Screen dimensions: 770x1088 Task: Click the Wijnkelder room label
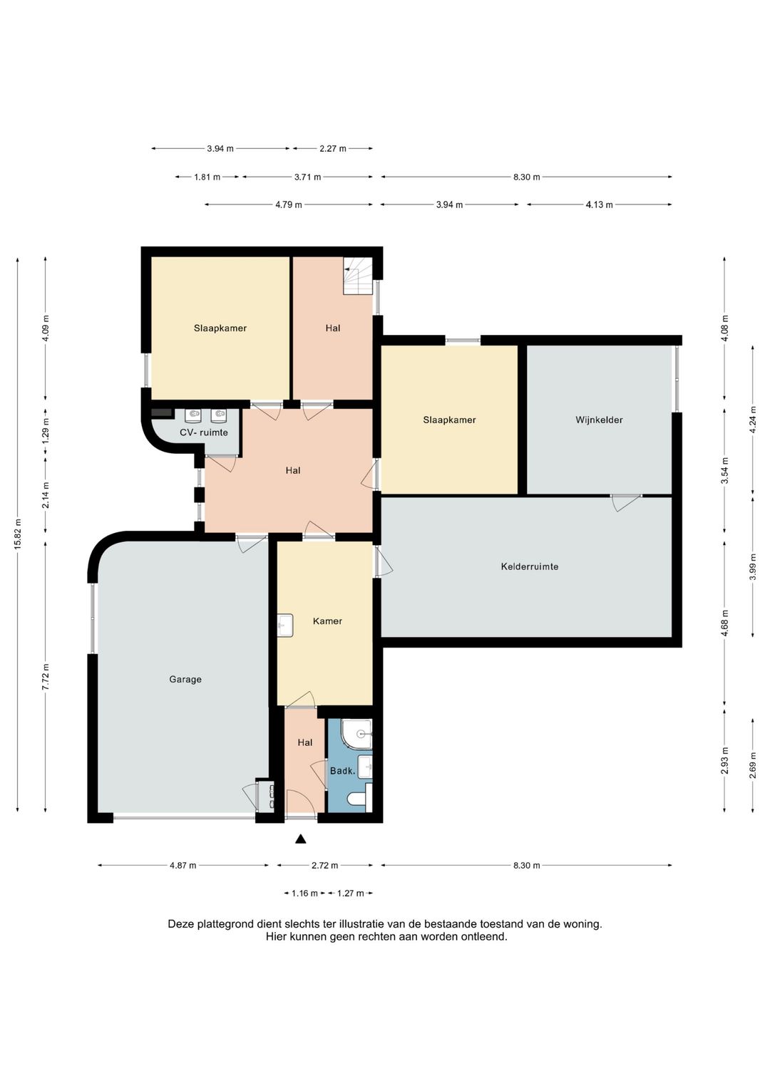599,420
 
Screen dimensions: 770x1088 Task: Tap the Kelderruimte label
529,566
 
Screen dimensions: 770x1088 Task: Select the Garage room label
185,680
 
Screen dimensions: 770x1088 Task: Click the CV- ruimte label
204,432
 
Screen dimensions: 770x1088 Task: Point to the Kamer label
327,621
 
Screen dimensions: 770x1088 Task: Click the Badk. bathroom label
343,771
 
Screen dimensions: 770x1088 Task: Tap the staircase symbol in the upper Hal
358,276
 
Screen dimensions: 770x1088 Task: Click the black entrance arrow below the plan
301,839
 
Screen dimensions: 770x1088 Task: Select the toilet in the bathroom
360,799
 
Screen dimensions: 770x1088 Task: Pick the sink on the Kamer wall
285,625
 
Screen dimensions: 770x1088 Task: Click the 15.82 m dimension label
18,534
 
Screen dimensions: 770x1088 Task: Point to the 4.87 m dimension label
183,865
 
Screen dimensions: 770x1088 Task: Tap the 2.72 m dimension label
324,865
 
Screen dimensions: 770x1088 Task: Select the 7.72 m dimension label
46,677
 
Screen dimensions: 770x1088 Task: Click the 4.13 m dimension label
599,204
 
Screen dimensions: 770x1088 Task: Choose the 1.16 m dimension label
304,893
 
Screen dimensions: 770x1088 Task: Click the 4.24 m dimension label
752,419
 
